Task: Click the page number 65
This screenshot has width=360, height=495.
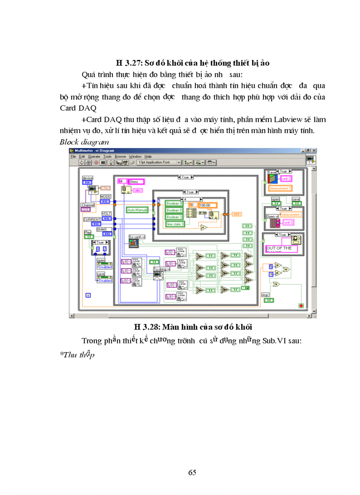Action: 192,473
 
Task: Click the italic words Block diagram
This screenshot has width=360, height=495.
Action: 84,142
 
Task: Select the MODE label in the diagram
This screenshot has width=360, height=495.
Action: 106,196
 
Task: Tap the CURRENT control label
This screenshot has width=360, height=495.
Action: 92,219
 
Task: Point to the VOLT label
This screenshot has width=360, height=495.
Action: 106,213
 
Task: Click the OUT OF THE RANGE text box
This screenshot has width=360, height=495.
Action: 279,248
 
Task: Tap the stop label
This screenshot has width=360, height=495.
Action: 265,295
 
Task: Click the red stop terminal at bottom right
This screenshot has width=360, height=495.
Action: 301,305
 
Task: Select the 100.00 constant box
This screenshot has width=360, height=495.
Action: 207,205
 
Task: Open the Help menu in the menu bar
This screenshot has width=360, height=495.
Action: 148,156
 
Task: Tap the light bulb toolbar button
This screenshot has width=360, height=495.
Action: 111,162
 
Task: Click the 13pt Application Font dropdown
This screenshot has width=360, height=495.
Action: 159,162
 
